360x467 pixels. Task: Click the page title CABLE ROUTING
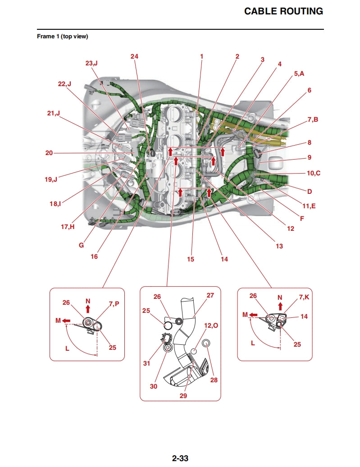pos(283,11)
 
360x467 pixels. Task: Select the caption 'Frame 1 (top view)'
pos(62,37)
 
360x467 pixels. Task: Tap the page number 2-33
pos(180,458)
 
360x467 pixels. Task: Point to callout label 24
pos(134,56)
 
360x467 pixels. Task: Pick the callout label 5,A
pos(299,73)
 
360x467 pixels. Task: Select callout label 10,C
pos(314,173)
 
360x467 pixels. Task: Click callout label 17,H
pos(68,227)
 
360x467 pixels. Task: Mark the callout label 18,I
pos(55,204)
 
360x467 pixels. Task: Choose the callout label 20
pos(49,153)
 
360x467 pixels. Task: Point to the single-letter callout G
pos(82,245)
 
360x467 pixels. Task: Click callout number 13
pos(279,246)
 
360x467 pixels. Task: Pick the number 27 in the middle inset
pos(210,296)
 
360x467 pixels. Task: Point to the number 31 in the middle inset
pos(146,363)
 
